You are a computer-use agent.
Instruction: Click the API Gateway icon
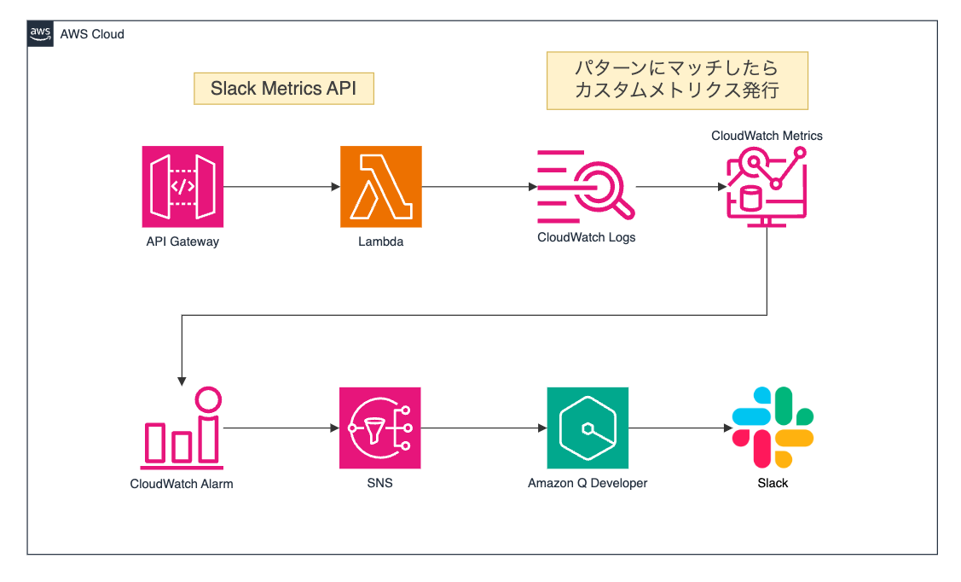point(182,187)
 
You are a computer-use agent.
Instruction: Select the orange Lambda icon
point(380,187)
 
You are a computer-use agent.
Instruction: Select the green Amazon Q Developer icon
point(588,428)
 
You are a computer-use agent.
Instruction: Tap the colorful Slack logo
point(773,427)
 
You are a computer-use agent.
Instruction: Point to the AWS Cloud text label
point(92,34)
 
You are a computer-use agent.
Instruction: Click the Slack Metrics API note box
point(284,89)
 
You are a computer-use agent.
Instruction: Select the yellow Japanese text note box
point(677,80)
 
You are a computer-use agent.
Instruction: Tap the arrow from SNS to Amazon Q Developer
point(483,428)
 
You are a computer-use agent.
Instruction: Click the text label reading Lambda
point(380,242)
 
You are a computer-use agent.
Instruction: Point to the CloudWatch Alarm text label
point(182,484)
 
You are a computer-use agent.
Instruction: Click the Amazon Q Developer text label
point(588,483)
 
